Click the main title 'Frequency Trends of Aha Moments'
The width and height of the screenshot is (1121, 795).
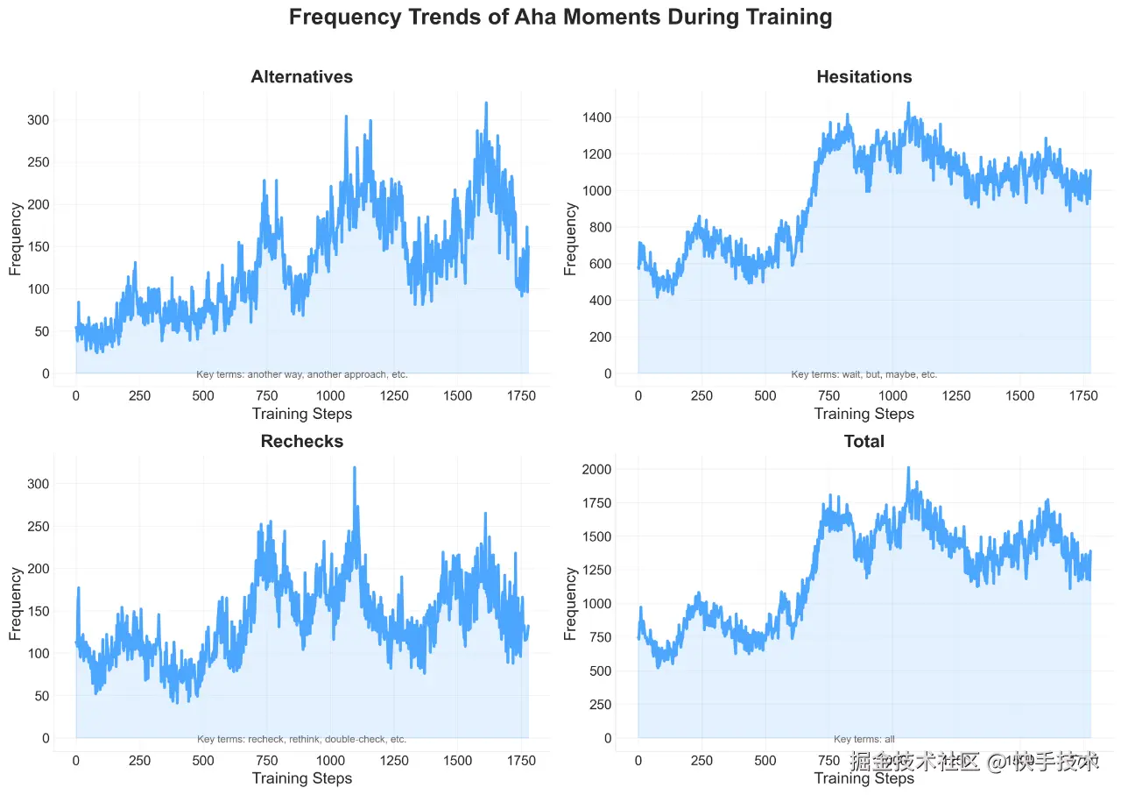pos(560,18)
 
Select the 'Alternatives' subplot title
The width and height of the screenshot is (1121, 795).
pos(301,77)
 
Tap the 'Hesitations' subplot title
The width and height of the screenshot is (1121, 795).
pos(864,77)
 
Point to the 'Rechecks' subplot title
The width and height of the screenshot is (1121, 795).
pos(301,441)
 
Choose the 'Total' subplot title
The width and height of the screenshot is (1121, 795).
pos(864,441)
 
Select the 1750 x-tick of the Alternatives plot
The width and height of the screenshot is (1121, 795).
pos(522,395)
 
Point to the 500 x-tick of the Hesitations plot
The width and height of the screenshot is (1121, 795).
pos(765,395)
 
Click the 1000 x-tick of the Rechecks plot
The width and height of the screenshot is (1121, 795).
pos(331,760)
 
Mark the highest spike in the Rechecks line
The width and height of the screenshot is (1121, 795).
pos(355,468)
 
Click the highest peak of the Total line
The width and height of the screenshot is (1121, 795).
pos(908,468)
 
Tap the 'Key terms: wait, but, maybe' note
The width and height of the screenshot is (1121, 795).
pos(864,374)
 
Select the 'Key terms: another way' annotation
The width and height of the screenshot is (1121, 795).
pos(301,374)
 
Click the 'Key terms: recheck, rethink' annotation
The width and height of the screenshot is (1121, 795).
pos(301,739)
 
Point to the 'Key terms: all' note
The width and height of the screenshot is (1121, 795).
pos(864,739)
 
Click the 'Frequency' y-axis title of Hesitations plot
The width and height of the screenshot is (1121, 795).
pos(572,238)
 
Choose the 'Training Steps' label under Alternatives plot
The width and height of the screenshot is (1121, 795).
pos(301,414)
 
